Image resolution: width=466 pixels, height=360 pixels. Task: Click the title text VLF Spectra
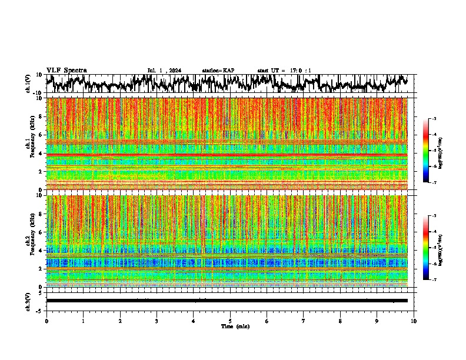(x=66, y=71)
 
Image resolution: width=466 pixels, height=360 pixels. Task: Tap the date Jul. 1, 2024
(x=164, y=71)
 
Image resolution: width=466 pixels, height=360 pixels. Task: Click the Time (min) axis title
(x=235, y=326)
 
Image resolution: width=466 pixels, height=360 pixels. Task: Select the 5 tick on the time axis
(x=230, y=321)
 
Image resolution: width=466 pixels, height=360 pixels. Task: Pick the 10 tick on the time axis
(x=414, y=321)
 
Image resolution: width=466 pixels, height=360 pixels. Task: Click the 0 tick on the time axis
(x=46, y=321)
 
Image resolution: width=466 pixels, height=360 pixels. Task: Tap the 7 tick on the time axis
(x=304, y=321)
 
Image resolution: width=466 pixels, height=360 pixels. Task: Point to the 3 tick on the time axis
(x=157, y=321)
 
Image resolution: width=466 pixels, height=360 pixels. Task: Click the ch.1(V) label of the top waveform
(x=28, y=84)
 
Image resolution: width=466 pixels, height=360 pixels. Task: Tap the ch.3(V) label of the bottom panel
(x=28, y=300)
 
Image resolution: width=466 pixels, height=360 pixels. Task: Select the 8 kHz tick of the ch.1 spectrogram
(x=41, y=116)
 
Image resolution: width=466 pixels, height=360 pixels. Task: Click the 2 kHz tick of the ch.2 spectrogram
(x=41, y=269)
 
